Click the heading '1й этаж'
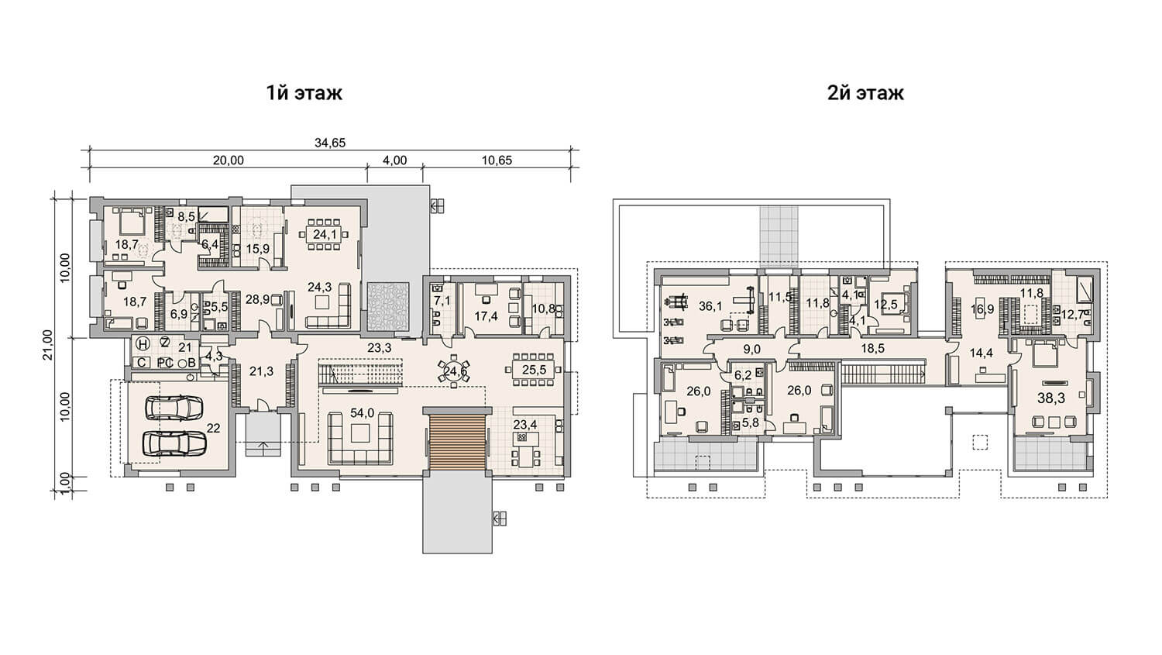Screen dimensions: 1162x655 click(304, 93)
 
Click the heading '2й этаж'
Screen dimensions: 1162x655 click(865, 93)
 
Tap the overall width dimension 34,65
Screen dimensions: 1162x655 click(330, 143)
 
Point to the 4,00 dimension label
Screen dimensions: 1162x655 click(395, 160)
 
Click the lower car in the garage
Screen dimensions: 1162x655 click(174, 443)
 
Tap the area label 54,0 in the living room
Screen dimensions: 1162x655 click(362, 413)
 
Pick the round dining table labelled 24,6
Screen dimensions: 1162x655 click(454, 371)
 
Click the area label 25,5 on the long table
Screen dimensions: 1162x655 click(534, 370)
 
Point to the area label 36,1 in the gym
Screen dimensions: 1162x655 click(710, 306)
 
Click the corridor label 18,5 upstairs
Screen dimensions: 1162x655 click(872, 348)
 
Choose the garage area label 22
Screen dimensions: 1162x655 click(213, 428)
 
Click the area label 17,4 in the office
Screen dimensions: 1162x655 click(486, 315)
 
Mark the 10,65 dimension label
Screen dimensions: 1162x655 click(497, 160)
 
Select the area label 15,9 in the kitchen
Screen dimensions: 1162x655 click(258, 249)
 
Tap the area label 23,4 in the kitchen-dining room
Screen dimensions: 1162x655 click(525, 425)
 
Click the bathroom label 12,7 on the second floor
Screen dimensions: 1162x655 click(1073, 315)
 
